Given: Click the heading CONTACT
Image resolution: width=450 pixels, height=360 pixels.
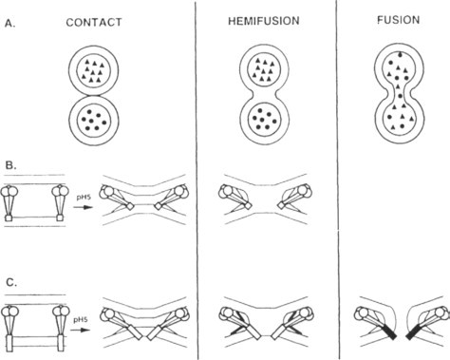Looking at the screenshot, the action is (94, 22).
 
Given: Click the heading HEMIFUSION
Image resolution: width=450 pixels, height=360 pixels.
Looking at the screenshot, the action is (264, 21).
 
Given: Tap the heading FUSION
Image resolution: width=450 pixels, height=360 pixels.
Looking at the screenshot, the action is (399, 20).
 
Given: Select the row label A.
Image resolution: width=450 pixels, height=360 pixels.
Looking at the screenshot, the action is (9, 24).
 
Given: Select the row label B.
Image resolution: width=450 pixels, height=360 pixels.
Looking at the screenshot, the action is (11, 165).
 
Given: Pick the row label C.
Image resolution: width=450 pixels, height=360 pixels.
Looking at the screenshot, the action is (11, 282).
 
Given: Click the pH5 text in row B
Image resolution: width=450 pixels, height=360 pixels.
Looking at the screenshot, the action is (84, 198).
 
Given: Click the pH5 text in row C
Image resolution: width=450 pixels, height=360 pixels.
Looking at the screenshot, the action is (81, 320).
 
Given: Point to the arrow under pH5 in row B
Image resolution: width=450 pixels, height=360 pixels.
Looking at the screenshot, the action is (83, 207).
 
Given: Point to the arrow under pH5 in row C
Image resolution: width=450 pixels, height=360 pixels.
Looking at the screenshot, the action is (80, 330).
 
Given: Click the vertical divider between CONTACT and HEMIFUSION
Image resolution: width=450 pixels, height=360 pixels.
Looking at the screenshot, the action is (196, 180).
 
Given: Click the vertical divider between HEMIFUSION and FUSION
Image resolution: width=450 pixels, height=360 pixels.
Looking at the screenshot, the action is (337, 180).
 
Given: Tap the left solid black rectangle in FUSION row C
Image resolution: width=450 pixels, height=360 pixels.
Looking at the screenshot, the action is (389, 332).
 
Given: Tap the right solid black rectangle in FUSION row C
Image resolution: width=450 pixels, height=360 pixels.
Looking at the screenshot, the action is (413, 332).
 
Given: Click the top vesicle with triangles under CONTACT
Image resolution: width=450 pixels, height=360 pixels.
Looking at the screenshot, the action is (94, 70).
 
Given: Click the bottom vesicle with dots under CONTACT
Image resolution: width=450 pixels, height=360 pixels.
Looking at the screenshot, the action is (94, 121).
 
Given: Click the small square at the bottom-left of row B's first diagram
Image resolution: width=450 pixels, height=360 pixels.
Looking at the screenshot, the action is (9, 218).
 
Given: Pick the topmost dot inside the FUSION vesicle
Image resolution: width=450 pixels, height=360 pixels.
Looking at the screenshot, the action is (400, 55).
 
